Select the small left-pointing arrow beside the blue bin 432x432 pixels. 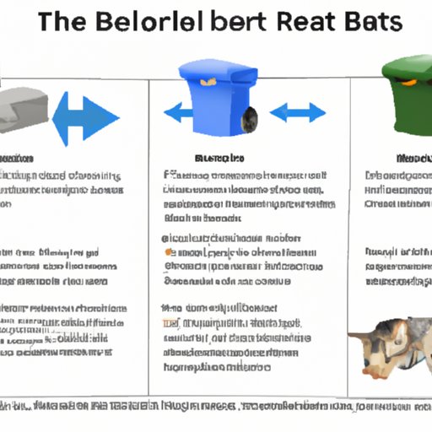tap(174, 111)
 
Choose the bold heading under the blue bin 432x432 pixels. tap(219, 158)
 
